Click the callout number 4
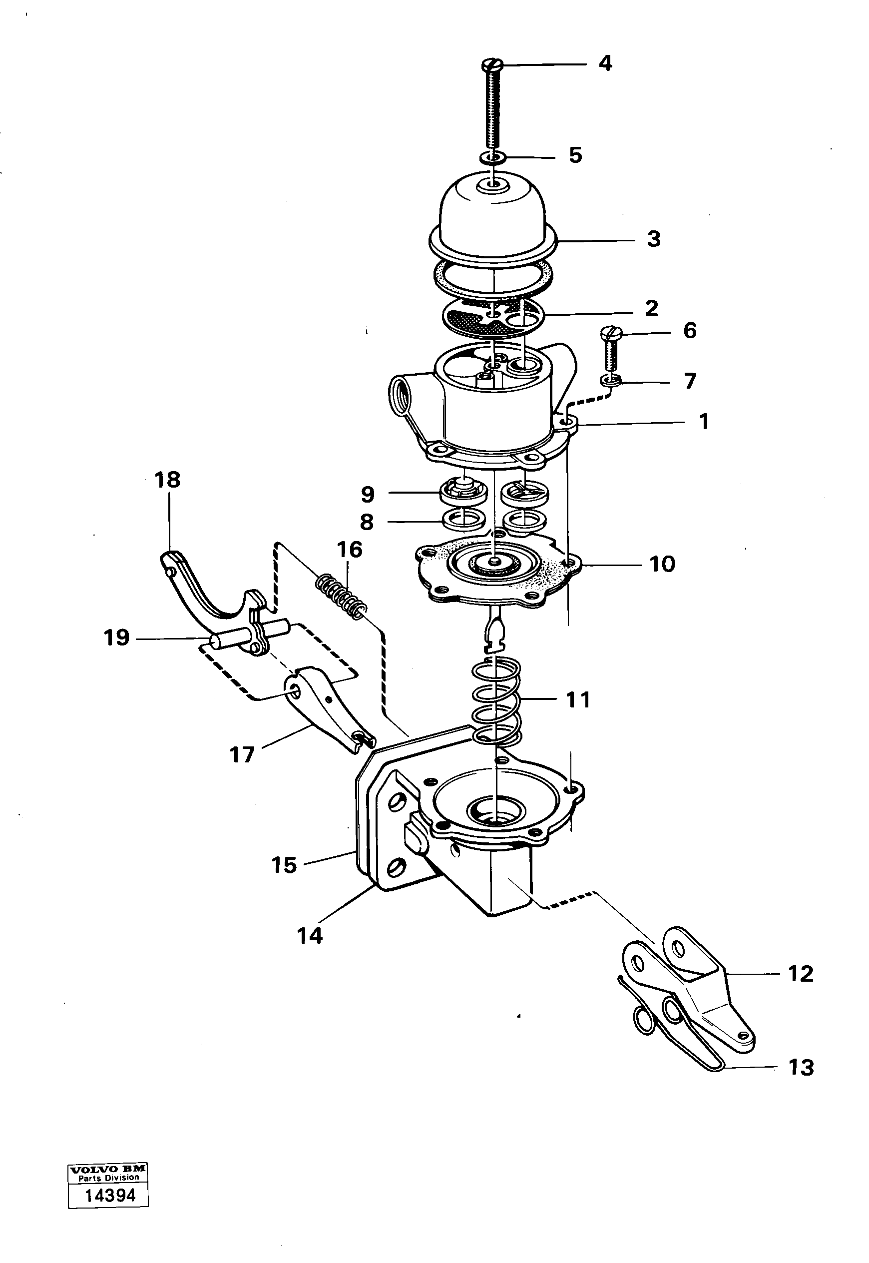point(605,64)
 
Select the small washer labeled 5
point(493,158)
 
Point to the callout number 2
point(651,308)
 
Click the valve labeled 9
point(462,491)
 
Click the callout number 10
point(662,564)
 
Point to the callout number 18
point(167,480)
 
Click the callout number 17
point(242,755)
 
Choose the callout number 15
point(284,865)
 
